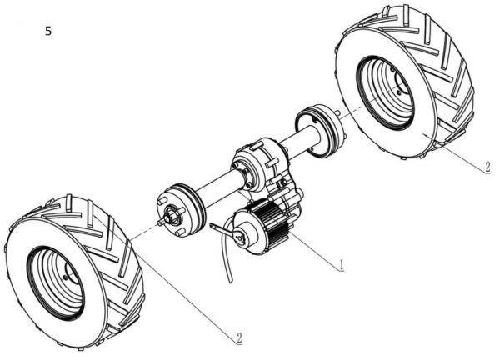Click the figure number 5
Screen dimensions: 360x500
(x=48, y=31)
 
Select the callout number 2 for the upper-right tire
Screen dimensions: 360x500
(x=486, y=167)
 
